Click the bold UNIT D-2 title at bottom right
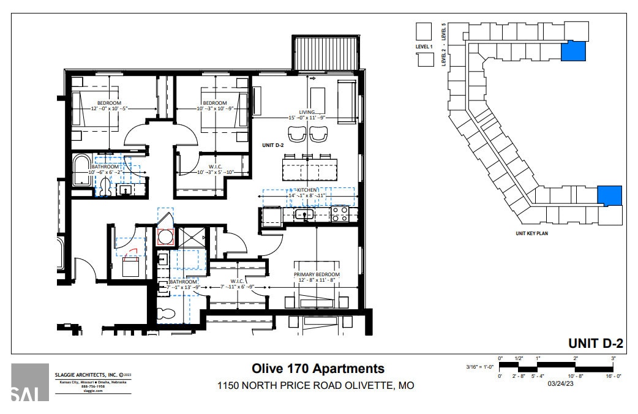pyautogui.click(x=595, y=343)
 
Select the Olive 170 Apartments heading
pyautogui.click(x=318, y=368)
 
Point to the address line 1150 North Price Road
pyautogui.click(x=316, y=386)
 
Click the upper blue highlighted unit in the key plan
pyautogui.click(x=574, y=51)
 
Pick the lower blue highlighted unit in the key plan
pyautogui.click(x=609, y=196)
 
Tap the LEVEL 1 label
pyautogui.click(x=424, y=47)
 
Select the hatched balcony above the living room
pyautogui.click(x=325, y=55)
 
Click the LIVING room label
pyautogui.click(x=307, y=112)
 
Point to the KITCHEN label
pyautogui.click(x=308, y=190)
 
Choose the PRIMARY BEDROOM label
pyautogui.click(x=317, y=274)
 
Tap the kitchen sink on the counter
pyautogui.click(x=304, y=214)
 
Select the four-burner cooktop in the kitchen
pyautogui.click(x=340, y=214)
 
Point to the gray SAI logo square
pyautogui.click(x=29, y=382)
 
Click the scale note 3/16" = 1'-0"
pyautogui.click(x=479, y=367)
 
